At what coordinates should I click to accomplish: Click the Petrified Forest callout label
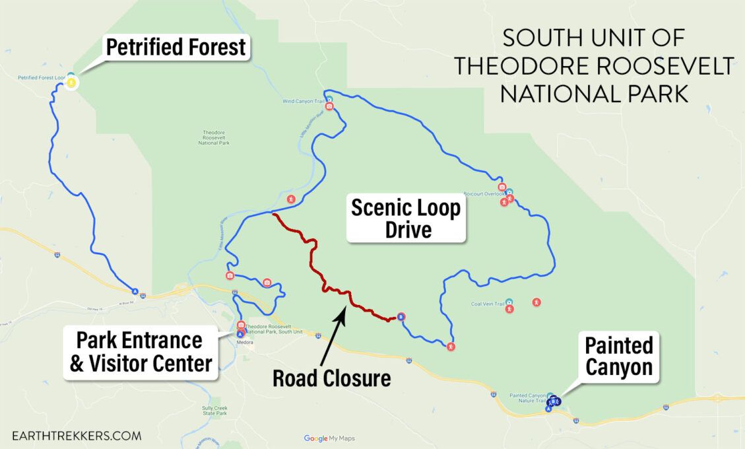tap(176, 48)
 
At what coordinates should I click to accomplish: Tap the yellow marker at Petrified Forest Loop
tap(71, 83)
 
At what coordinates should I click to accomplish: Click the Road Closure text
tap(332, 378)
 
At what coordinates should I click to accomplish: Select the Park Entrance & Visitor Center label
tap(141, 352)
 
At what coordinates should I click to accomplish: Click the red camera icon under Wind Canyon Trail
tap(329, 106)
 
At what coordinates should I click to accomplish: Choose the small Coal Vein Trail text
tap(487, 304)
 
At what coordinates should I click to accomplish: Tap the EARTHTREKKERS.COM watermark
tap(77, 436)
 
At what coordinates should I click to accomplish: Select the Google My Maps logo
tap(329, 438)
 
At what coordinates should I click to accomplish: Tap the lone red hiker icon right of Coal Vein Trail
tap(536, 302)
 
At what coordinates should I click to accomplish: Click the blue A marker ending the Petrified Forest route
tap(135, 291)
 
